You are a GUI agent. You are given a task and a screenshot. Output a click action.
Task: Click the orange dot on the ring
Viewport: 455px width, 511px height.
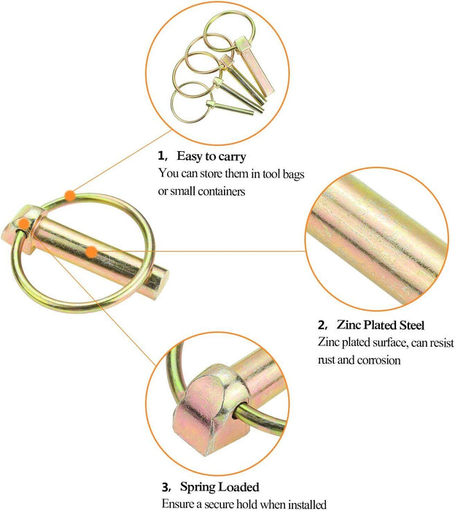(x=70, y=196)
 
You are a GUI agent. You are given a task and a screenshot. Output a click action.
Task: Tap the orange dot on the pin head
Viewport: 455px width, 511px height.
(x=23, y=223)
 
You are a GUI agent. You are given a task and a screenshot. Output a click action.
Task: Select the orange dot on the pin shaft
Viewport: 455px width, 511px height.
(x=91, y=252)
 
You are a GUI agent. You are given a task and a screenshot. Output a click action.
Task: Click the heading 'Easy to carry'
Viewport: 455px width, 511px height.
(x=211, y=156)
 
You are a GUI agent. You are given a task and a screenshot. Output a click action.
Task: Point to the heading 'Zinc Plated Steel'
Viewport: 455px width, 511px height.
(x=381, y=325)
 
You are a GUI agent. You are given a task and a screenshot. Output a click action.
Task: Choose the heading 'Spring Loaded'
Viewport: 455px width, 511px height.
(x=219, y=487)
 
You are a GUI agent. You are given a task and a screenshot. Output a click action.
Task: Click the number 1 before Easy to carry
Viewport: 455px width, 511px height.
(x=160, y=155)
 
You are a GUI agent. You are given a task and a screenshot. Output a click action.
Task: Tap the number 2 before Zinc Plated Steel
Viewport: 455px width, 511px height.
(x=321, y=326)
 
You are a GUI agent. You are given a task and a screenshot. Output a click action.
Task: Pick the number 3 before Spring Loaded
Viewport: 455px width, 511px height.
(x=166, y=488)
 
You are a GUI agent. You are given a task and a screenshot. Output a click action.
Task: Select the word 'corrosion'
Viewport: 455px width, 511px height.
(x=379, y=360)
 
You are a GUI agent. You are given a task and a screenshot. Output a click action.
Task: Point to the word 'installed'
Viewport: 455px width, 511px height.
(x=307, y=504)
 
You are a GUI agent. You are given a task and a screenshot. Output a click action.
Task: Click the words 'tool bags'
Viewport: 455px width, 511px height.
(x=284, y=174)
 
